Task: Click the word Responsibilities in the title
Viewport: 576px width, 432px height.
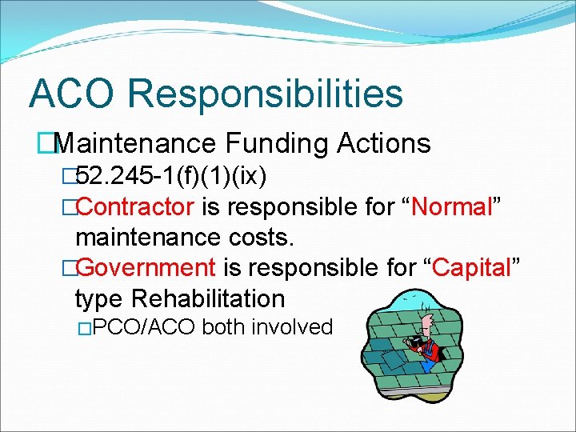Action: (x=265, y=94)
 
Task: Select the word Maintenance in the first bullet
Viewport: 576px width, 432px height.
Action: (x=137, y=144)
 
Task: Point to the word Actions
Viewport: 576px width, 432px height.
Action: (x=385, y=144)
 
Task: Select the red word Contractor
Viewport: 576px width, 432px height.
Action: (x=135, y=207)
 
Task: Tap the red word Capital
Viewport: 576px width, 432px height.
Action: (x=472, y=268)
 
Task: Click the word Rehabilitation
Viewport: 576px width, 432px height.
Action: (x=208, y=299)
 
